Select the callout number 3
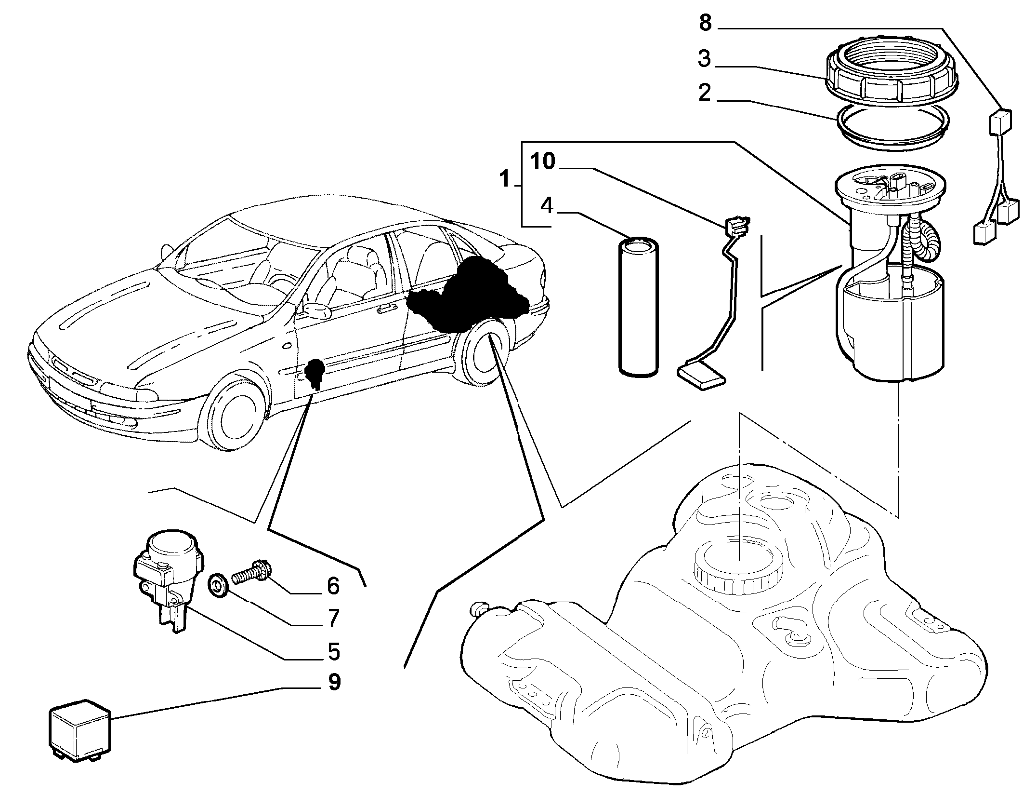704,59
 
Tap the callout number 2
704,93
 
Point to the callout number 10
543,162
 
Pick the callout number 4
547,206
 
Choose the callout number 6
333,586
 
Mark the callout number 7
333,618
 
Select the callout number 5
333,651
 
